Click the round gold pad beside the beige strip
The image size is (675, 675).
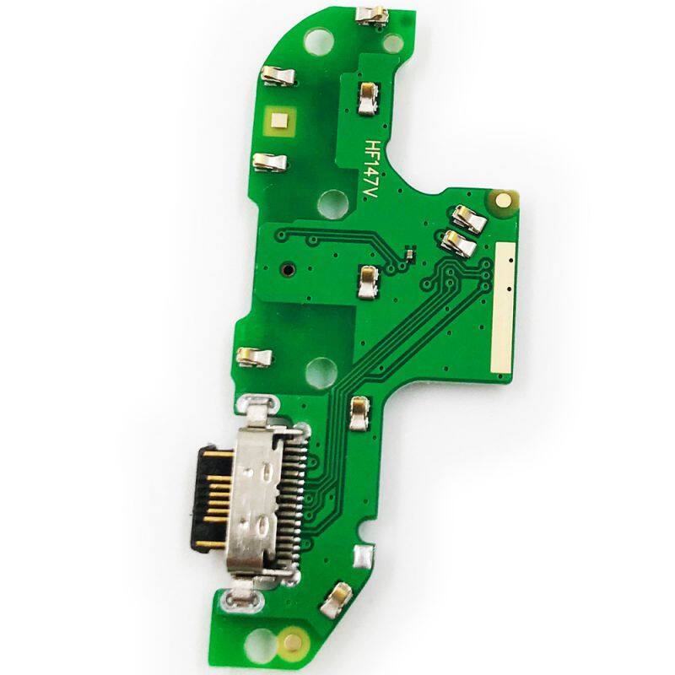pos(502,199)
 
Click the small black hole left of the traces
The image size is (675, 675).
pos(287,270)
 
